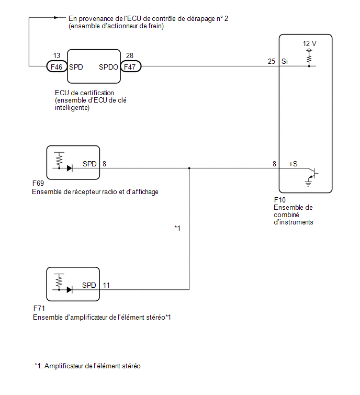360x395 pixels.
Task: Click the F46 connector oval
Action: (57, 67)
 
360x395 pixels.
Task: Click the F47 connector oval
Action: (130, 67)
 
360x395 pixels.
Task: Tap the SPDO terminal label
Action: (108, 67)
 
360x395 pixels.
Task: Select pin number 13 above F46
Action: (57, 55)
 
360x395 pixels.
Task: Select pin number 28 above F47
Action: (129, 55)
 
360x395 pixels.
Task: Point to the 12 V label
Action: (309, 43)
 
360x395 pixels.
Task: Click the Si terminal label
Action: (285, 61)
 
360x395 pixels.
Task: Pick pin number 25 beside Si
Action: (272, 61)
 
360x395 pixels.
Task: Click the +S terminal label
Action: (293, 164)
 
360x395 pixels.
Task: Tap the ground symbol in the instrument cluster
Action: (308, 184)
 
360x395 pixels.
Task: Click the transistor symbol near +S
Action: (313, 174)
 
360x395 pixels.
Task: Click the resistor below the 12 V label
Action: (309, 59)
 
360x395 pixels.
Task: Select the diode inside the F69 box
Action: (70, 168)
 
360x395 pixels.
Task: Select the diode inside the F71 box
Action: (70, 290)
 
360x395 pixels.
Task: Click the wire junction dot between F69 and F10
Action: (189, 168)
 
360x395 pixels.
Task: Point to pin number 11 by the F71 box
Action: (106, 285)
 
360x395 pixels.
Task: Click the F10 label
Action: (279, 200)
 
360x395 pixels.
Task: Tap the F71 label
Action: (39, 308)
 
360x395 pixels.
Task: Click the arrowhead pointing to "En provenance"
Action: (56, 18)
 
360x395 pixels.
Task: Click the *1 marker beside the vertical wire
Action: (177, 228)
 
